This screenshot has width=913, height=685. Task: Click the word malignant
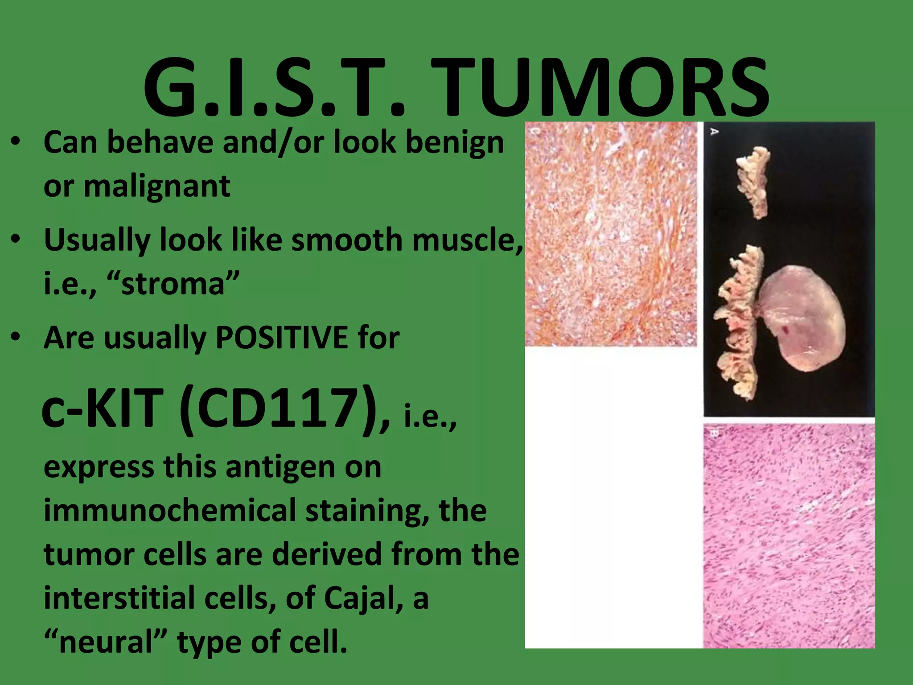pos(156,186)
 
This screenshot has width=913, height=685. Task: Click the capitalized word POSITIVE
pos(281,338)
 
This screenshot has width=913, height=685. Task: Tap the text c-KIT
pos(103,408)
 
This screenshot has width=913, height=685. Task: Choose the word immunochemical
pos(170,511)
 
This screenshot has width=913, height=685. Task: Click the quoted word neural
pos(107,643)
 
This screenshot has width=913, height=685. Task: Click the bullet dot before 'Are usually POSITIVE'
pos(16,338)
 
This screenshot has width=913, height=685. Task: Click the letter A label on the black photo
pos(714,132)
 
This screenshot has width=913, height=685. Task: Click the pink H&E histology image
pos(789,535)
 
